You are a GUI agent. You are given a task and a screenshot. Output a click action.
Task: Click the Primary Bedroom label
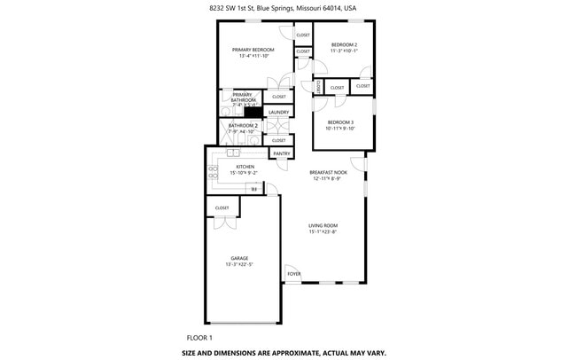click(x=253, y=50)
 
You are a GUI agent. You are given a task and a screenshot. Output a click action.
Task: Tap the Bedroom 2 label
click(x=344, y=44)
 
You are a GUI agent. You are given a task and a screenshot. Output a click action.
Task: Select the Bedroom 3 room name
click(x=340, y=122)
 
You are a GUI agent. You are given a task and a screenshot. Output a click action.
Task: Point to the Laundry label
click(x=278, y=113)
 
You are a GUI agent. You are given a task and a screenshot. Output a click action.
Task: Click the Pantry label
click(x=282, y=153)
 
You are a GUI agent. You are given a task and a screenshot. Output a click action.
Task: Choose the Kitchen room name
click(x=245, y=167)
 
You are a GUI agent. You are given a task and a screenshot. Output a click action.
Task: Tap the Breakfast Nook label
click(x=328, y=172)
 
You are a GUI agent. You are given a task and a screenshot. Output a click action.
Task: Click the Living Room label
click(x=323, y=226)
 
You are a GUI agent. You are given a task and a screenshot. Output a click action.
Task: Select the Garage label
click(x=239, y=258)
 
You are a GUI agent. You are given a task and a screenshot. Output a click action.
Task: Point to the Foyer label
click(x=294, y=274)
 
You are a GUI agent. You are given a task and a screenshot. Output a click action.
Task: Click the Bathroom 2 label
click(x=243, y=126)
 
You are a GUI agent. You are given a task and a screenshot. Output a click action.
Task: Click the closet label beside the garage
click(x=222, y=207)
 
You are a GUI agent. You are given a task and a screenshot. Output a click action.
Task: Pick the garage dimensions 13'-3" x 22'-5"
click(x=239, y=264)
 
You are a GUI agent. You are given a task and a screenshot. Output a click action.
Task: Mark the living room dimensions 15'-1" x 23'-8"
click(x=323, y=232)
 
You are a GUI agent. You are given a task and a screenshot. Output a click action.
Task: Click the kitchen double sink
click(x=233, y=153)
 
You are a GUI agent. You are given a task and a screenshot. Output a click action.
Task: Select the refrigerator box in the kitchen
click(x=254, y=188)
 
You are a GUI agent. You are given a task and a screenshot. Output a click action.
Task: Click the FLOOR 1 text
click(x=199, y=338)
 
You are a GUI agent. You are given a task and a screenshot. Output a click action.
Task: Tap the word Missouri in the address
click(x=309, y=7)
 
